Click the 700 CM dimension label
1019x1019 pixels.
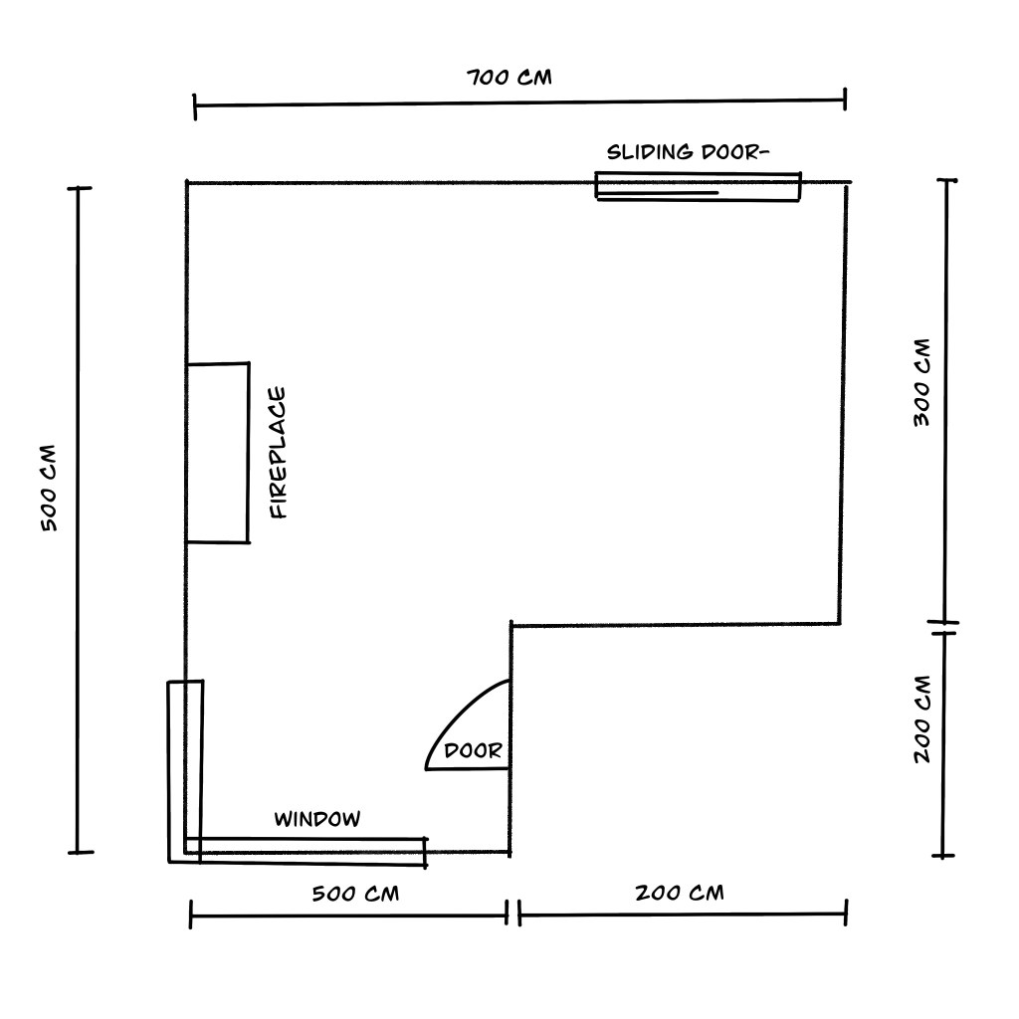509,78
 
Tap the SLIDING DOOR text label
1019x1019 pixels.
688,152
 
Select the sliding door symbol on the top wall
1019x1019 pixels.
698,186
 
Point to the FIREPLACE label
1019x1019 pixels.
279,453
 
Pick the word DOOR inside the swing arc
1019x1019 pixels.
473,751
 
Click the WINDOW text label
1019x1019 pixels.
317,819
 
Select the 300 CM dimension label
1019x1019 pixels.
922,382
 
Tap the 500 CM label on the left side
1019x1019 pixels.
49,488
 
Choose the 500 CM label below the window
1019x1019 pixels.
355,894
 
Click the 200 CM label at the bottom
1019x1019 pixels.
680,893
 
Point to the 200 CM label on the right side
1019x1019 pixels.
922,719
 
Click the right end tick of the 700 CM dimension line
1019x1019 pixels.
845,99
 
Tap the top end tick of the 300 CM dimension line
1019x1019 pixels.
947,181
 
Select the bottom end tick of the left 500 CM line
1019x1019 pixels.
82,852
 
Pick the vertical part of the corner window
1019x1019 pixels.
185,771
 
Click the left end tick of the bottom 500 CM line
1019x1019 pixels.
190,915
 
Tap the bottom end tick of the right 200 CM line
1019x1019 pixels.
943,856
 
